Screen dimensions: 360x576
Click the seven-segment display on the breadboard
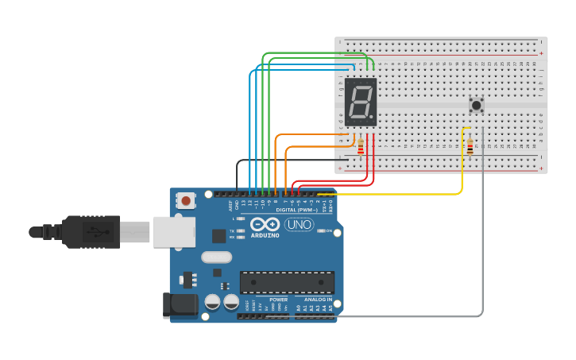361,103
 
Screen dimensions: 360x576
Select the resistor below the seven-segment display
361,147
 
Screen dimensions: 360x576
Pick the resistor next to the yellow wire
470,147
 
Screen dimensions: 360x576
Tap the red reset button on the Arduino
186,200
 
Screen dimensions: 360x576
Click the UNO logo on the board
300,224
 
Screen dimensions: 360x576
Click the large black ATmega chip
287,282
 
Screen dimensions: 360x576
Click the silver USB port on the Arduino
173,231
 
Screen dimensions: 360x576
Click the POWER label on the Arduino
278,300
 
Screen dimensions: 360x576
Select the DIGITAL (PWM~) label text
298,211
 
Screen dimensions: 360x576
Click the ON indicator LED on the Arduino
320,231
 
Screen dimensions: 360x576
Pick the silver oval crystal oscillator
216,257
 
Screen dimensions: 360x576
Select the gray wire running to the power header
482,238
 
